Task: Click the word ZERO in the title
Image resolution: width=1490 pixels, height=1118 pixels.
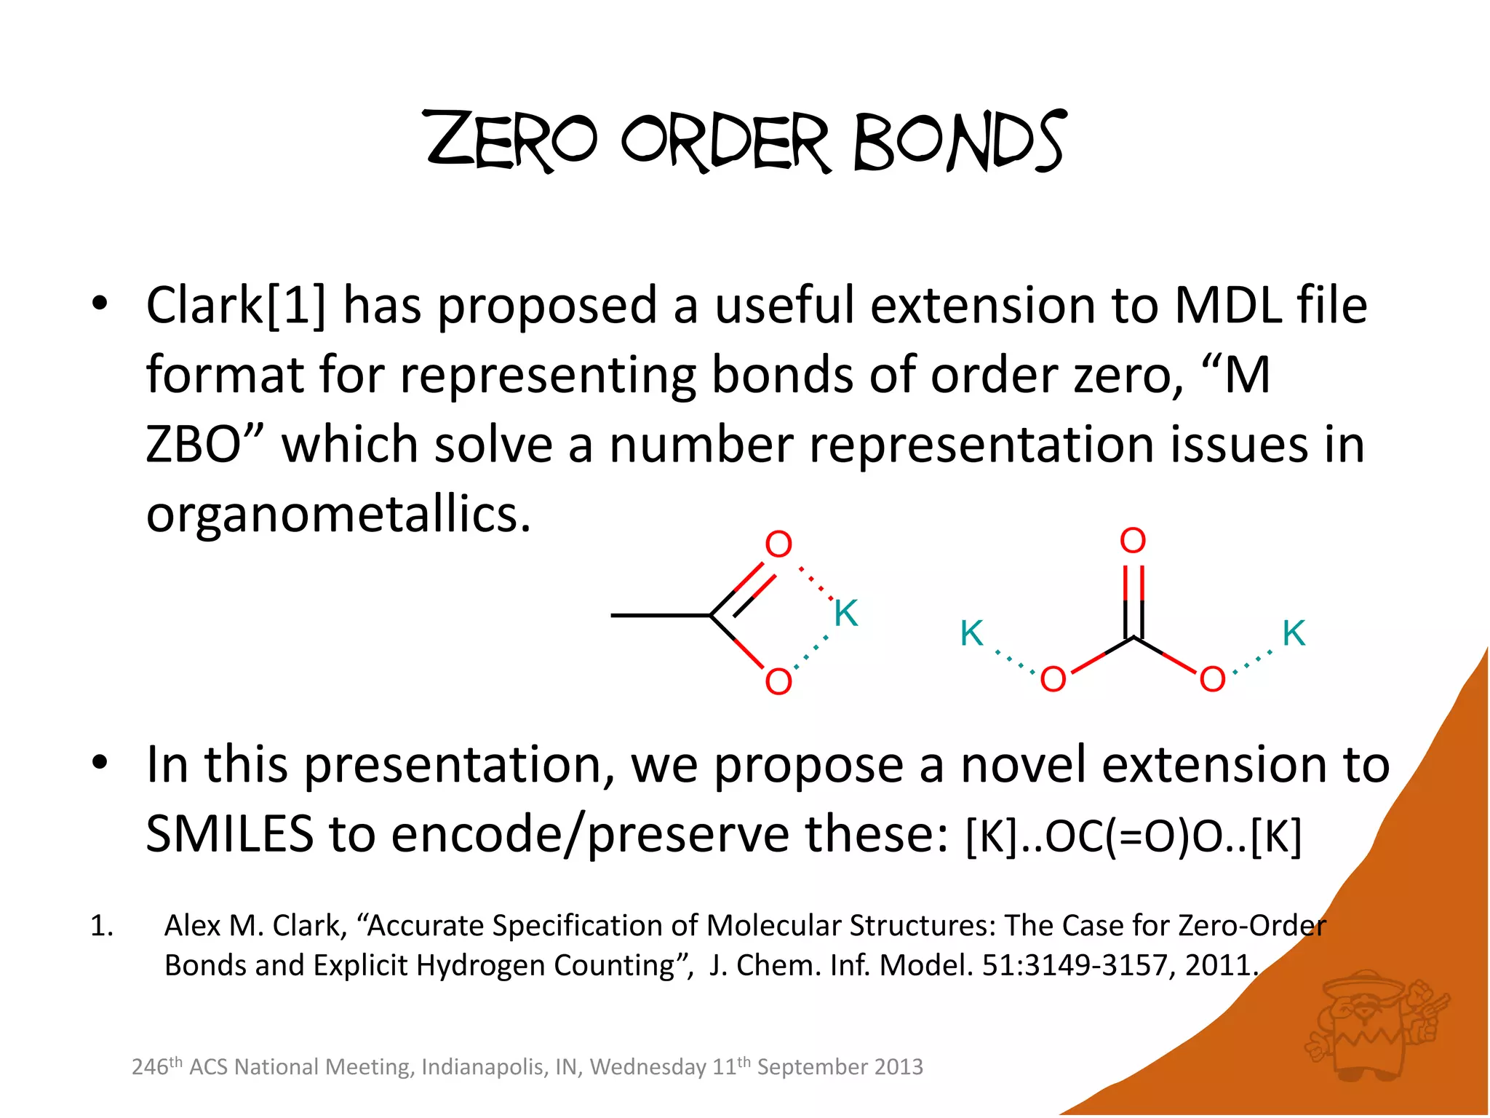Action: point(511,140)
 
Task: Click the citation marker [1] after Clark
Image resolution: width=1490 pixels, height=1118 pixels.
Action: point(297,306)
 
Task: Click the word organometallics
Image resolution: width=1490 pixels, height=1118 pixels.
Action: point(338,515)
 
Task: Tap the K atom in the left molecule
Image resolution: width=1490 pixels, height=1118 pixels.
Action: point(846,613)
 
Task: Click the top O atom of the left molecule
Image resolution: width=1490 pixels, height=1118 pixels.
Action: point(778,544)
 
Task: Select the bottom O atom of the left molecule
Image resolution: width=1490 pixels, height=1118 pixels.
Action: point(778,681)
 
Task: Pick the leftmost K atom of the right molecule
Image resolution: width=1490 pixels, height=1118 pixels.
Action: point(972,633)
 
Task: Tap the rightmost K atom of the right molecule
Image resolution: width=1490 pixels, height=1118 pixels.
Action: point(1294,633)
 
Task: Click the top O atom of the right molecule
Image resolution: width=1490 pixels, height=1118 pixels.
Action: point(1133,541)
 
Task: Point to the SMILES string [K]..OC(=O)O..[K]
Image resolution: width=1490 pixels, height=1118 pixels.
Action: point(1133,837)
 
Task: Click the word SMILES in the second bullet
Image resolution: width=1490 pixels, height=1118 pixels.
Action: point(229,835)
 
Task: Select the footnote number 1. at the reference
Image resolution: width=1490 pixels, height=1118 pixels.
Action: point(102,927)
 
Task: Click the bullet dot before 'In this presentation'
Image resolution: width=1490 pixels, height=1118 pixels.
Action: point(100,764)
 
